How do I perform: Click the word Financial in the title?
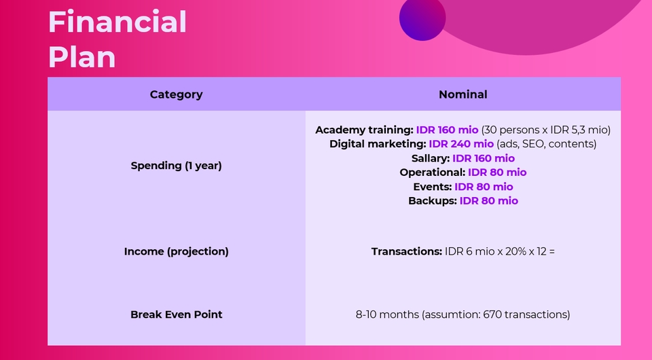(117, 22)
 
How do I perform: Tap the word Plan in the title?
(81, 56)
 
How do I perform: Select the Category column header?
(176, 94)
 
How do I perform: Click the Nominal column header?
(463, 94)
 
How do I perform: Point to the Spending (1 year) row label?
(176, 165)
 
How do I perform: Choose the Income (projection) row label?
(176, 251)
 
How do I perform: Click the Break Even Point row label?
(176, 314)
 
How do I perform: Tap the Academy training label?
(364, 130)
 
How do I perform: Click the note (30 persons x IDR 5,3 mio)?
(546, 130)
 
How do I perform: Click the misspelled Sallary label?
(430, 158)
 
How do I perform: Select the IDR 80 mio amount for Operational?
(497, 173)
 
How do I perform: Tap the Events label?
(432, 187)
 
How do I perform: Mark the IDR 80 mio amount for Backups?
(488, 201)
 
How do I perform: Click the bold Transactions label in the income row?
(406, 251)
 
